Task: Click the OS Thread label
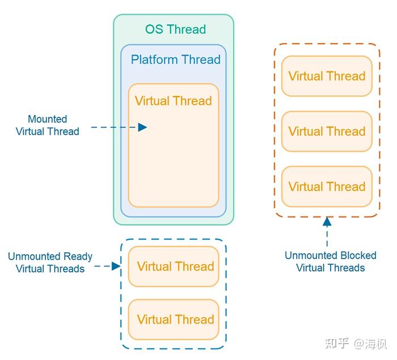[175, 29]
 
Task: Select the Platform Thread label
[175, 60]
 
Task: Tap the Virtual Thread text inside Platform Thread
[173, 101]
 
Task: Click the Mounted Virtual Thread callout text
[48, 125]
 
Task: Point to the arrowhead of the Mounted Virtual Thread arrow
[143, 128]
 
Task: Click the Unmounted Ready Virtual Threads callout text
[50, 262]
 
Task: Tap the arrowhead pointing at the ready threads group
[116, 266]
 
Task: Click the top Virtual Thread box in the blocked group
[327, 76]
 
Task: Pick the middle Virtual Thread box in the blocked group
[327, 131]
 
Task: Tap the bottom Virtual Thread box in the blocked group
[327, 187]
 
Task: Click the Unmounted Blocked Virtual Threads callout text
[330, 261]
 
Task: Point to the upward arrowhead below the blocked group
[327, 222]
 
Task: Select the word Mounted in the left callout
[48, 119]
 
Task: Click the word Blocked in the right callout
[357, 256]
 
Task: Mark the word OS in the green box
[154, 29]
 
